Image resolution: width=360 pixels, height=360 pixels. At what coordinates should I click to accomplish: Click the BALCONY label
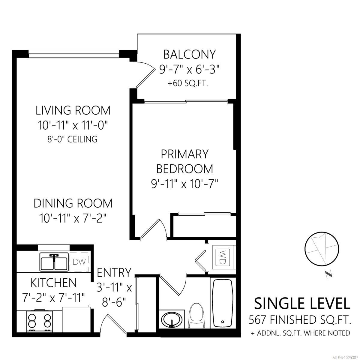point(189,54)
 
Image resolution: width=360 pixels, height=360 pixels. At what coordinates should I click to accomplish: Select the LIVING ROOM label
point(73,110)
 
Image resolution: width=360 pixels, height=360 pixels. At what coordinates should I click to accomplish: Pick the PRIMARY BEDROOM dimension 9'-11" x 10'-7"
point(184,183)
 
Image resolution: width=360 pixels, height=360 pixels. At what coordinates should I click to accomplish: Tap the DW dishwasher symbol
point(79,262)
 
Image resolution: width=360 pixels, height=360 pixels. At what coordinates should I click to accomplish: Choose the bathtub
point(222,303)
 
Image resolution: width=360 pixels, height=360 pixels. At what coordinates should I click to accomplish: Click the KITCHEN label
point(53,283)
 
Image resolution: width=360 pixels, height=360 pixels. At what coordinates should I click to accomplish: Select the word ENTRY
point(114,272)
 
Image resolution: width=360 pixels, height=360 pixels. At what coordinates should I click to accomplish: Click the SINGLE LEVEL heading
point(302,303)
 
